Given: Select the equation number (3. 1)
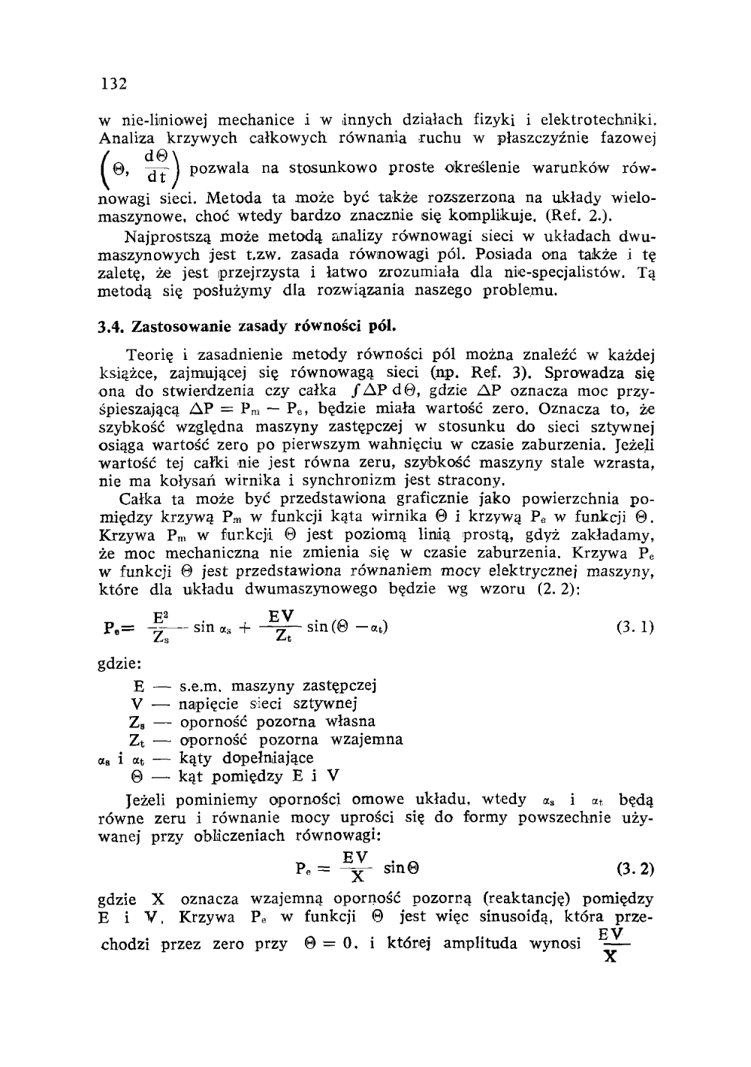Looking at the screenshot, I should click(635, 627).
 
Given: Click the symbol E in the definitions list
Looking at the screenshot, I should click(137, 686).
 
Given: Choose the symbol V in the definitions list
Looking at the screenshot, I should click(137, 704).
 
